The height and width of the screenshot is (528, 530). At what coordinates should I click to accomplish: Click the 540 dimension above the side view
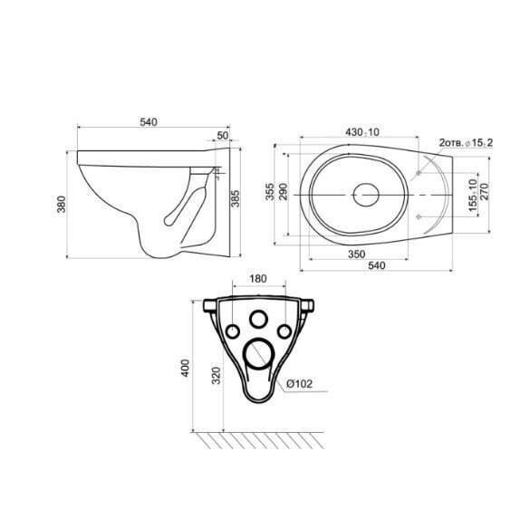[x=149, y=121]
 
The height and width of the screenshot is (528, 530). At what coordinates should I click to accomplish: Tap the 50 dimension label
[x=223, y=136]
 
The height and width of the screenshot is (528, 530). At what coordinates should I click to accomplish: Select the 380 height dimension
[x=62, y=204]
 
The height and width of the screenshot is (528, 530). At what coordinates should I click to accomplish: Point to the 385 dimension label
[x=235, y=198]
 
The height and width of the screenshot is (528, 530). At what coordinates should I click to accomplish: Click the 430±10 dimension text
[x=362, y=132]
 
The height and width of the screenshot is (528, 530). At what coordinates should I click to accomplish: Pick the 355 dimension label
[x=270, y=191]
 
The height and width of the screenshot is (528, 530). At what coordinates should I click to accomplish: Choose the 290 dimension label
[x=283, y=191]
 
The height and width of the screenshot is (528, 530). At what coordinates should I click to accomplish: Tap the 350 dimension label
[x=357, y=254]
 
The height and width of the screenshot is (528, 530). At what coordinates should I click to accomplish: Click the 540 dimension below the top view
[x=376, y=265]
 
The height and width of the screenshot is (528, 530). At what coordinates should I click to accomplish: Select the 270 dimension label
[x=485, y=191]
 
